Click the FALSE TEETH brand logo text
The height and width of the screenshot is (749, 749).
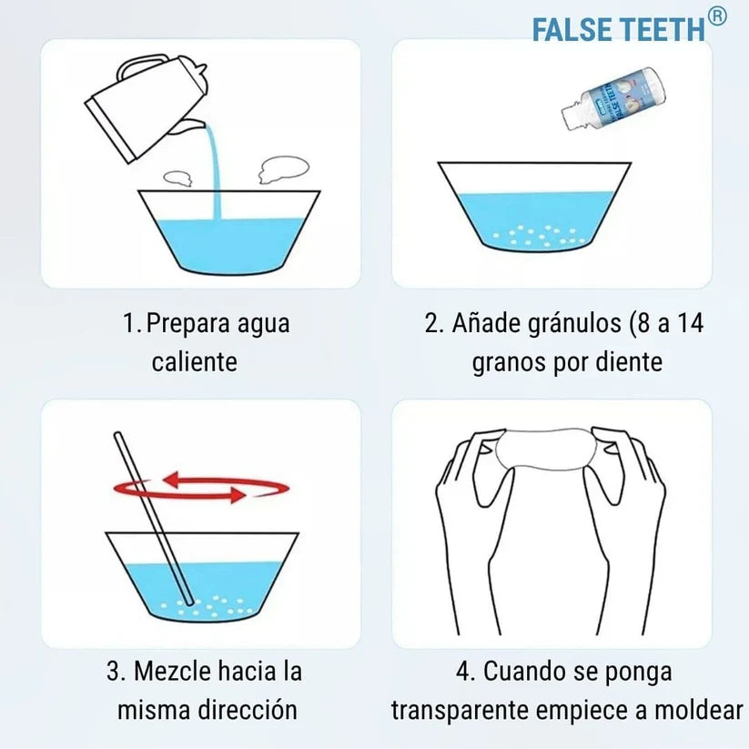point(618,30)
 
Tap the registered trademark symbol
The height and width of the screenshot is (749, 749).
point(716,17)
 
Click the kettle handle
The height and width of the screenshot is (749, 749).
point(138,66)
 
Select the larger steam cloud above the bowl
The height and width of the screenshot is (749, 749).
point(283,169)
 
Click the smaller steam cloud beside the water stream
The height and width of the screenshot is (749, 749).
point(177,178)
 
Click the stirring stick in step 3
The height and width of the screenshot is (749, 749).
point(154,518)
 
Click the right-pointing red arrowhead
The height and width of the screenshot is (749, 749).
point(238,495)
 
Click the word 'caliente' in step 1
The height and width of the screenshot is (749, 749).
point(195,361)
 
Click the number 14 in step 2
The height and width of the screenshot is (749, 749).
point(690,323)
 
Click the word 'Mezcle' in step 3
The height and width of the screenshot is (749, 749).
point(172,671)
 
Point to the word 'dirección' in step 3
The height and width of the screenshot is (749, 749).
point(248,709)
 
